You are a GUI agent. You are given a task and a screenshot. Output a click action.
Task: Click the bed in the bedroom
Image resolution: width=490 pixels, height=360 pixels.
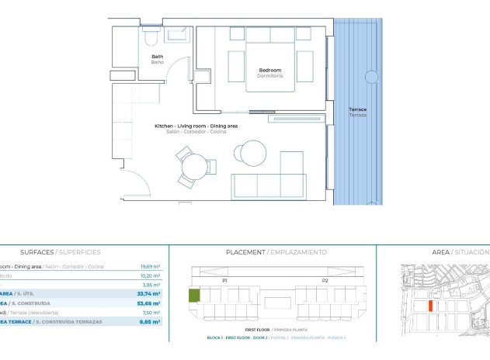pos(270,62)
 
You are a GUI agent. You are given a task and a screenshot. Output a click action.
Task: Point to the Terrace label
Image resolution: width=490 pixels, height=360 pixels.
pos(357,110)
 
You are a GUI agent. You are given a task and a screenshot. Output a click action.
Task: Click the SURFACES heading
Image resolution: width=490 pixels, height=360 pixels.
pos(36,252)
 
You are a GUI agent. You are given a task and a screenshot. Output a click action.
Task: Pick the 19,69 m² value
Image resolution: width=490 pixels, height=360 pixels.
pos(149,266)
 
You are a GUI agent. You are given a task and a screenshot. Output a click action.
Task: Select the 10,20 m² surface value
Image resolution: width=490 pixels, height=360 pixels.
pos(149,275)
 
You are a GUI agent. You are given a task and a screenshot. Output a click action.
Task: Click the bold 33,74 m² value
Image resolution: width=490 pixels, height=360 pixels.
pos(148,294)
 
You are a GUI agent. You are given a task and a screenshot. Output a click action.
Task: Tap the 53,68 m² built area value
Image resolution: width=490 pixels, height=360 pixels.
pos(148,303)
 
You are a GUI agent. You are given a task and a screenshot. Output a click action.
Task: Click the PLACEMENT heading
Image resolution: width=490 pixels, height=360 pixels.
pos(245,252)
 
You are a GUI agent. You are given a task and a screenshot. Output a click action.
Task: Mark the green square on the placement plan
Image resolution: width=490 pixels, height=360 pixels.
pos(194,295)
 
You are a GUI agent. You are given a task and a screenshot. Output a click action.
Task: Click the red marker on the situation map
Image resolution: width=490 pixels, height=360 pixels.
pos(430,305)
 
